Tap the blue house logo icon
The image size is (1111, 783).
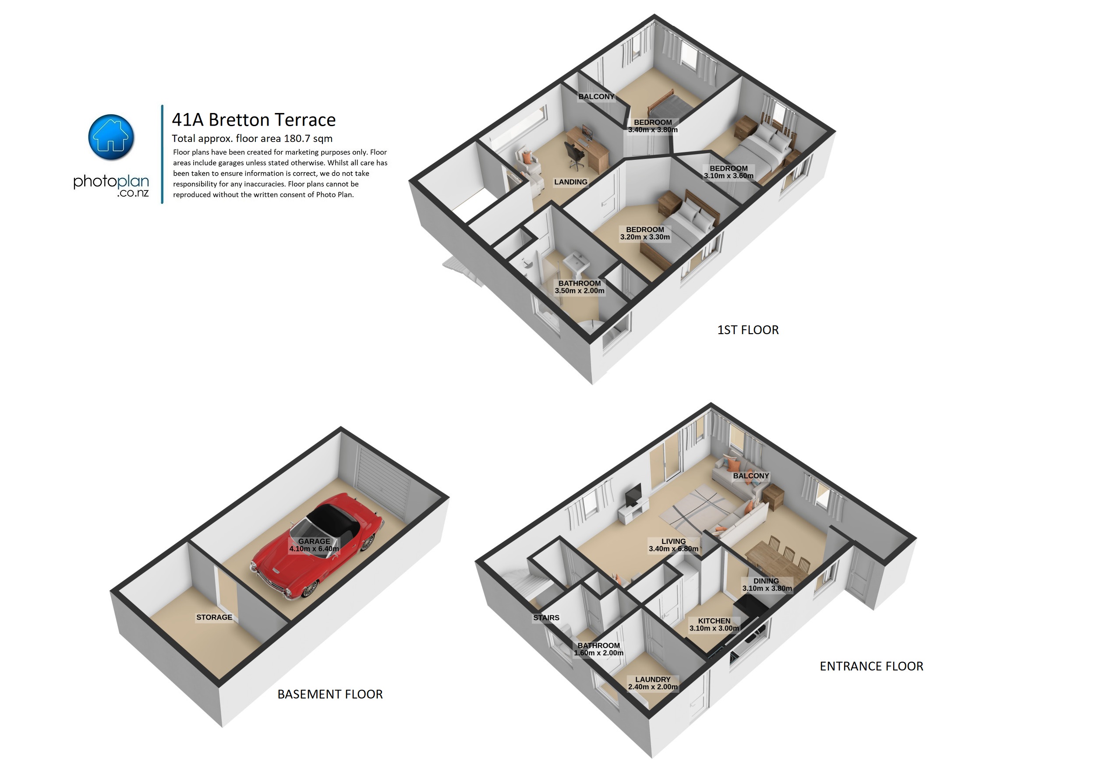pos(111,138)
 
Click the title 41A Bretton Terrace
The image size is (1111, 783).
pos(254,120)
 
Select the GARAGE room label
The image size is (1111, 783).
pos(314,541)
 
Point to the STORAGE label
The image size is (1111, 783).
pos(214,617)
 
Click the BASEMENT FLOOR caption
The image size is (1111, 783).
pos(330,694)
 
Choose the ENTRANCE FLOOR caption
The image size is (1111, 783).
pos(871,666)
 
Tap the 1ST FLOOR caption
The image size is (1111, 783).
pos(748,330)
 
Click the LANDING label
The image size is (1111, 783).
pos(570,182)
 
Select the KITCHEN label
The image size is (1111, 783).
pos(714,621)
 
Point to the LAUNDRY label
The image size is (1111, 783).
pos(653,680)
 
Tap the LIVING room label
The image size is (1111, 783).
pos(674,541)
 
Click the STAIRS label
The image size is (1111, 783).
pos(546,617)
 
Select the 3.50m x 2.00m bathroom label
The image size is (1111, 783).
pos(580,291)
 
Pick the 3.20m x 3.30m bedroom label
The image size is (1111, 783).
pos(645,237)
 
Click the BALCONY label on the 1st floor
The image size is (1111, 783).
pos(596,97)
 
